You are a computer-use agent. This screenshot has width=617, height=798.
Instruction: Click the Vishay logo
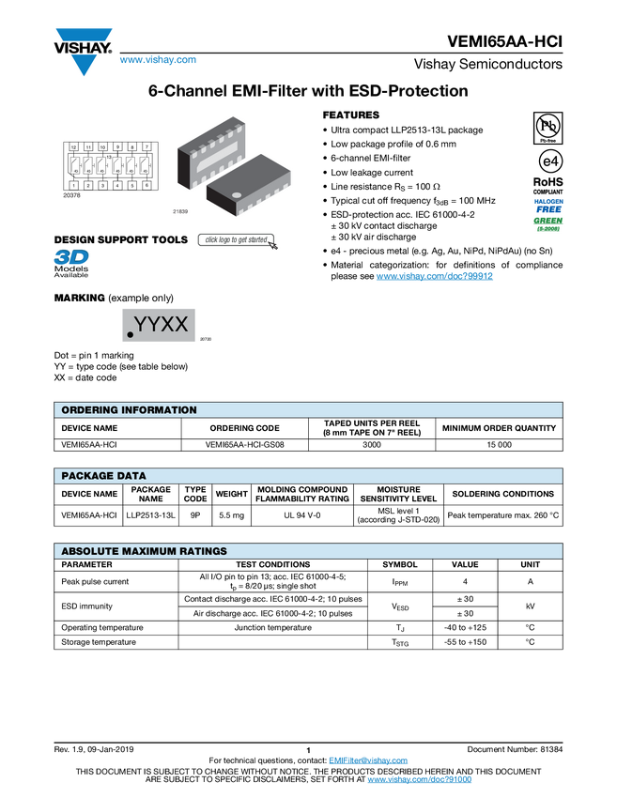(x=83, y=51)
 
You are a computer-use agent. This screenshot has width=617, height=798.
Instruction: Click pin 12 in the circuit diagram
(x=73, y=148)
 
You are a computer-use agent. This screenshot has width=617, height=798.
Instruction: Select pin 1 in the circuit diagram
(x=73, y=186)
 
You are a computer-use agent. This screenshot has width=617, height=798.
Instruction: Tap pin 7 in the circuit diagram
(x=147, y=148)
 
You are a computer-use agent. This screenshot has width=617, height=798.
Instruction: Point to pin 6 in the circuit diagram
(x=147, y=186)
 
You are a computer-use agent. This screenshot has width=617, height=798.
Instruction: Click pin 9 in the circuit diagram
(x=117, y=148)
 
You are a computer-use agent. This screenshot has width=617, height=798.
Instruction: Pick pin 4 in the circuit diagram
(x=117, y=186)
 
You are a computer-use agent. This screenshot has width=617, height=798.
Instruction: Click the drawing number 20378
(x=70, y=195)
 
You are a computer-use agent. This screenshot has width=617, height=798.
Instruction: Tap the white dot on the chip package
(x=238, y=195)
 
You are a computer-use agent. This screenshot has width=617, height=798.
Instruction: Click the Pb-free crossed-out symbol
(x=548, y=127)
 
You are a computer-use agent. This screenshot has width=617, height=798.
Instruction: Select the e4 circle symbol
(x=548, y=161)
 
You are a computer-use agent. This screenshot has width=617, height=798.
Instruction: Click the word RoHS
(x=548, y=182)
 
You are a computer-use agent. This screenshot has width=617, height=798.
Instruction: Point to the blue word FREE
(x=548, y=209)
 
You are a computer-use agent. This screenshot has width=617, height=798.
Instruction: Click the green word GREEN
(x=548, y=221)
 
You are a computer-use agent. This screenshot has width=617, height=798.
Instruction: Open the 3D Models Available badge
(x=70, y=264)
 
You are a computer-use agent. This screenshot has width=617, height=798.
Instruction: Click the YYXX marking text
(x=162, y=325)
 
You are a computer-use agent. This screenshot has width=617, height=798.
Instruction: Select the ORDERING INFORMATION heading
(x=129, y=410)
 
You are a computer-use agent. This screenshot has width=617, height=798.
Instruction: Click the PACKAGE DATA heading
(x=103, y=476)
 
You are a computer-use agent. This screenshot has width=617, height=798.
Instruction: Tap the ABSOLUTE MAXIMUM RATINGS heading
(x=144, y=551)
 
